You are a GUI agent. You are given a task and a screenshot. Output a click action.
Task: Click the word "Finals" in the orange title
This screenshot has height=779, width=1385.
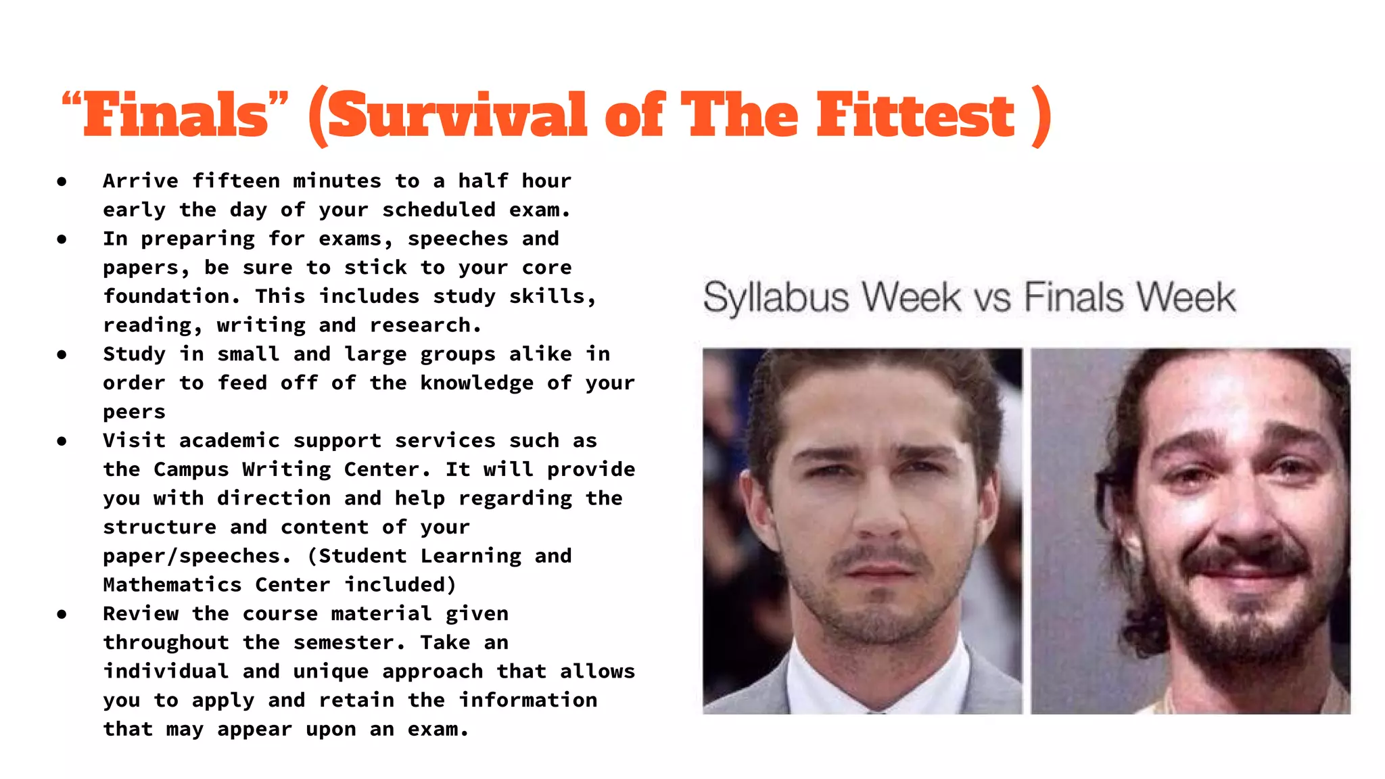(176, 115)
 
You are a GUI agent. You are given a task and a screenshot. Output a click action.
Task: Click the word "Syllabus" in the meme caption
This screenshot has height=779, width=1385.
(775, 298)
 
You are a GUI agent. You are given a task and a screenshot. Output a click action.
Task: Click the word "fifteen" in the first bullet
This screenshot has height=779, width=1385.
(235, 181)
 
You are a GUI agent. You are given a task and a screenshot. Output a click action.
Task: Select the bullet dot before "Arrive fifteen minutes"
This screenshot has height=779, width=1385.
(62, 181)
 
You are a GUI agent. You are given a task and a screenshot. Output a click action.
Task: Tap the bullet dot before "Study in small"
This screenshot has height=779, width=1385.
(62, 354)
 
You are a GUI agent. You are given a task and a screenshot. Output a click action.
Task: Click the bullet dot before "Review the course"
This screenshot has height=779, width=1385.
(62, 614)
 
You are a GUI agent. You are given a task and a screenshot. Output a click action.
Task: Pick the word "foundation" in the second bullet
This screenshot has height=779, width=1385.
(166, 296)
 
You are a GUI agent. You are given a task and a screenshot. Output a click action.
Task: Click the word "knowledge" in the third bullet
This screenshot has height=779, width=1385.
(477, 383)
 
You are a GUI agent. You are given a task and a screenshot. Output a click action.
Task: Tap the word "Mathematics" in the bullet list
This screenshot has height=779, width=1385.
(172, 585)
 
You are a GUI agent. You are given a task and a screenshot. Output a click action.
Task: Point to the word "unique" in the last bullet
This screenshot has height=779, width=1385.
(331, 671)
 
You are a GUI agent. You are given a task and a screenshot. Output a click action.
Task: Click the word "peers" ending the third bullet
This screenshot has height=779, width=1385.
(134, 412)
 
